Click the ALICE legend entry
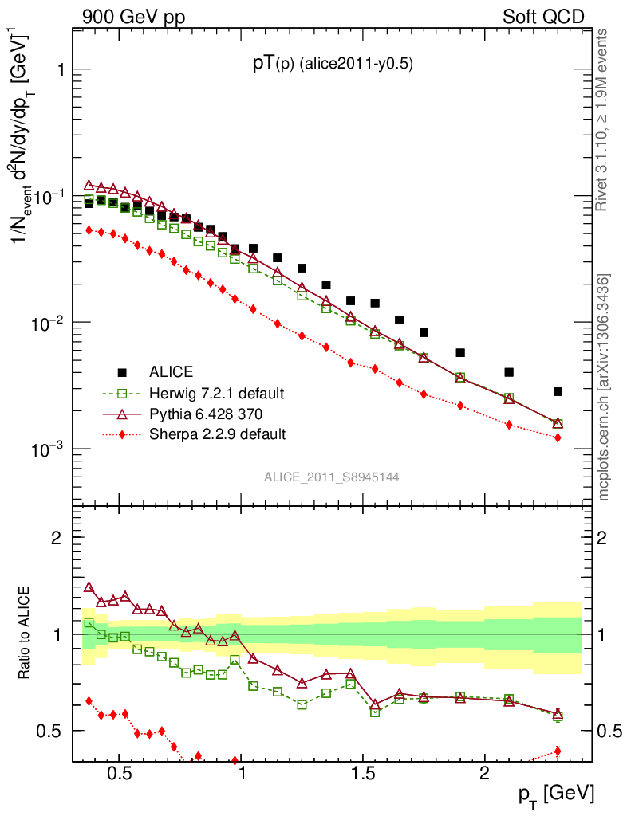[170, 371]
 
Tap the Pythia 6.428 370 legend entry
[205, 414]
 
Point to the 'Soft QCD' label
[543, 17]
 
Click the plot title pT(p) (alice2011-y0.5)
[333, 65]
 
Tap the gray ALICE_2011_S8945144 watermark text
[332, 477]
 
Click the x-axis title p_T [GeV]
[556, 794]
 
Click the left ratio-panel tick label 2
[57, 537]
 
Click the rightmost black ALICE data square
[558, 391]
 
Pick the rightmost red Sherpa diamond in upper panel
[558, 437]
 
